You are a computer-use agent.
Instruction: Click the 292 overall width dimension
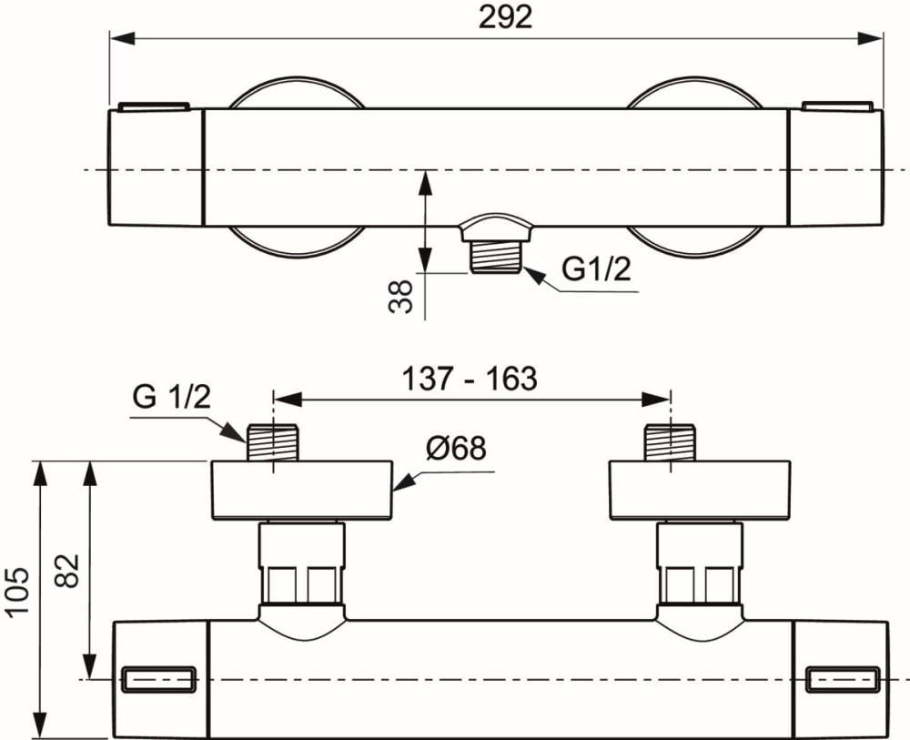click(505, 17)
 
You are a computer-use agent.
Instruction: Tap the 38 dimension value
click(401, 296)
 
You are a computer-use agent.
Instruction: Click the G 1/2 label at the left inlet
click(172, 398)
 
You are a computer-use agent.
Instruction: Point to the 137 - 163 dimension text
click(470, 379)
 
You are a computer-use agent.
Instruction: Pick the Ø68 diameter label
click(454, 449)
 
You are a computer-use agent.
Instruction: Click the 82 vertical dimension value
click(72, 571)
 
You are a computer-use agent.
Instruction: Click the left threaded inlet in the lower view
click(273, 442)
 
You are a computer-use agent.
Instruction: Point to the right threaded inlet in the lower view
click(670, 442)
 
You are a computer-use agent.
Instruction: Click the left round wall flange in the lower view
click(302, 490)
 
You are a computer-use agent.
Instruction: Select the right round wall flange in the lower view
click(700, 490)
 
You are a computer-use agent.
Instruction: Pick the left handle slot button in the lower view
click(159, 679)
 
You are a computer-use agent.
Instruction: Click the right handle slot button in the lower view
click(843, 679)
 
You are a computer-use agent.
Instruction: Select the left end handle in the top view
click(156, 167)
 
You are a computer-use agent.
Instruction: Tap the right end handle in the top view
click(834, 167)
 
